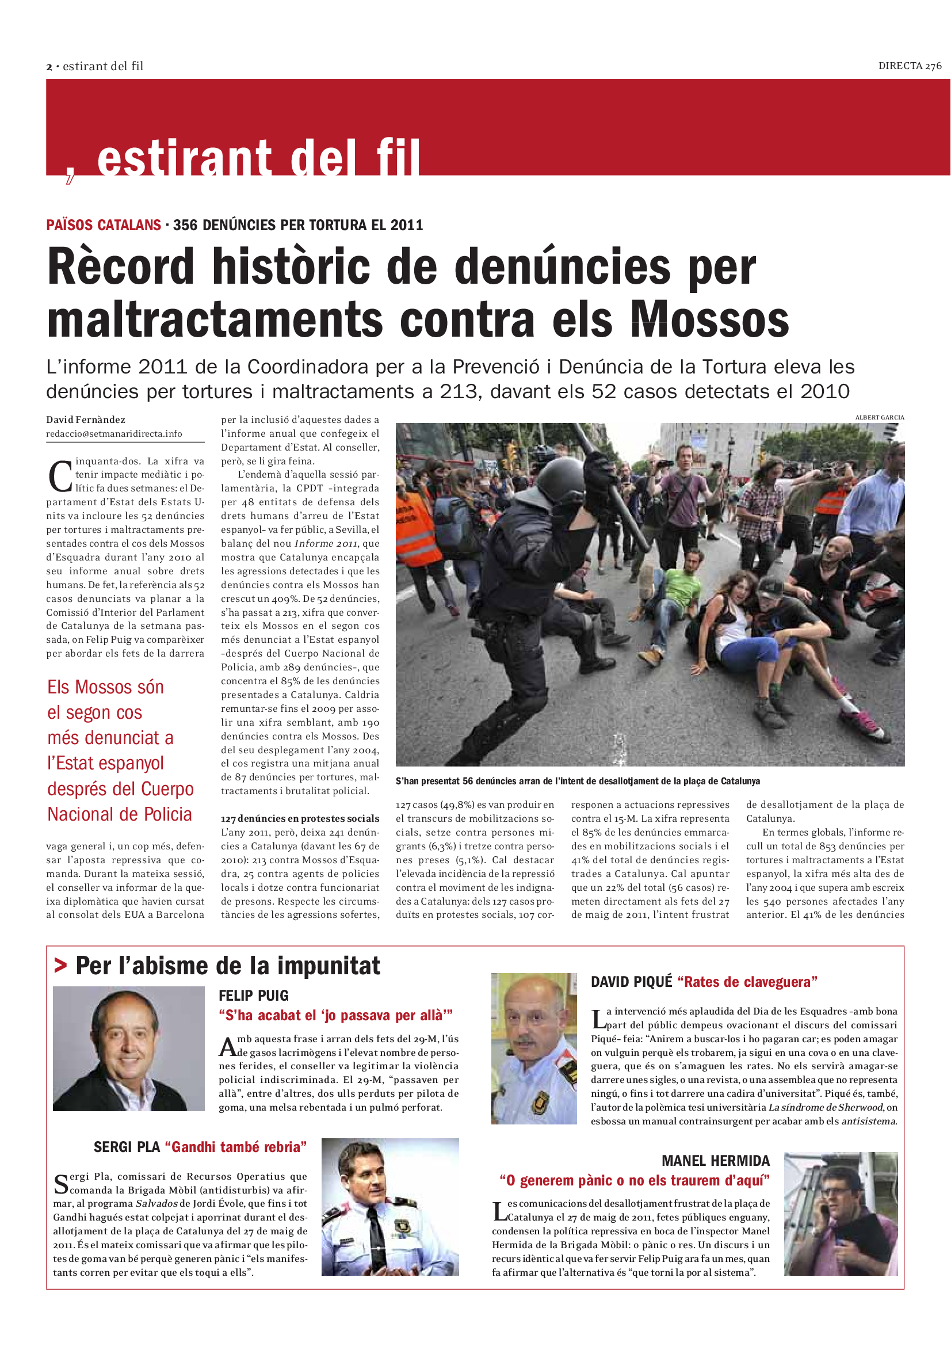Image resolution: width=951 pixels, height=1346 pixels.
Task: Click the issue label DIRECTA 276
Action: (910, 66)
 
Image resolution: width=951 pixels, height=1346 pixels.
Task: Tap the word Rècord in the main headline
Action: (121, 268)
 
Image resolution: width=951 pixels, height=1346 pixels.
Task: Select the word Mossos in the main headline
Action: (709, 320)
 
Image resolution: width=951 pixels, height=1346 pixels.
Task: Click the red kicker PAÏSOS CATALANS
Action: (104, 225)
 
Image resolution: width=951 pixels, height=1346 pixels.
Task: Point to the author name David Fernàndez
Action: (86, 420)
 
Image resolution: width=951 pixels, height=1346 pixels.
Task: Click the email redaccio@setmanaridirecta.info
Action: (114, 434)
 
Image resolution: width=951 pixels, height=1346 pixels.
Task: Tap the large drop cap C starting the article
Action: (59, 476)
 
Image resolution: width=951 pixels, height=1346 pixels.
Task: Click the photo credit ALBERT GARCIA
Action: (880, 417)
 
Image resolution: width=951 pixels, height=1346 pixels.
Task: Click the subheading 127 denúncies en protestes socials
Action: (300, 818)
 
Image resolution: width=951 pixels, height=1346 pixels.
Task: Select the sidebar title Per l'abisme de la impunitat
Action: (228, 966)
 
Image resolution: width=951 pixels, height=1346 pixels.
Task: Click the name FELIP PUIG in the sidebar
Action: (254, 996)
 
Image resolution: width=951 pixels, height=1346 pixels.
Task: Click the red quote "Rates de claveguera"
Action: (747, 982)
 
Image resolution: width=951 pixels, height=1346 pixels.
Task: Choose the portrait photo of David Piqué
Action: (534, 1049)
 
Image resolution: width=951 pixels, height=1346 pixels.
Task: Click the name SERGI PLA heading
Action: (127, 1147)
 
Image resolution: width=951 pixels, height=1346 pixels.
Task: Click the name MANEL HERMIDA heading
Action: (716, 1161)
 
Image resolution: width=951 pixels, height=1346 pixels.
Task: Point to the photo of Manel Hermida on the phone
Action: (841, 1214)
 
